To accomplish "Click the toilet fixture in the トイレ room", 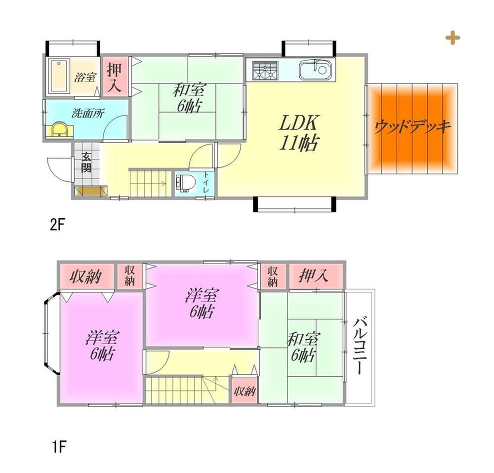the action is coord(184,183).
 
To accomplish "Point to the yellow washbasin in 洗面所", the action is coord(59,129).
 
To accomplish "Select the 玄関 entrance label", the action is coord(86,162).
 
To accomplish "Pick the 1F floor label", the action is coord(59,446).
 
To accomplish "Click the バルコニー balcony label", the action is coord(359,346).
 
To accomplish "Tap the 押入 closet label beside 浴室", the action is coord(115,78).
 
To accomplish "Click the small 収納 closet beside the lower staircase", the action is coord(245,391).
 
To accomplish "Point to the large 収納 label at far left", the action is coord(85,276).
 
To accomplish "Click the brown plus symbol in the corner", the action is coord(453,38).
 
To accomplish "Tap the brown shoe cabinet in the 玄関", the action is coord(91,191).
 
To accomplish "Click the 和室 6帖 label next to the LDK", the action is coord(189,98).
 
